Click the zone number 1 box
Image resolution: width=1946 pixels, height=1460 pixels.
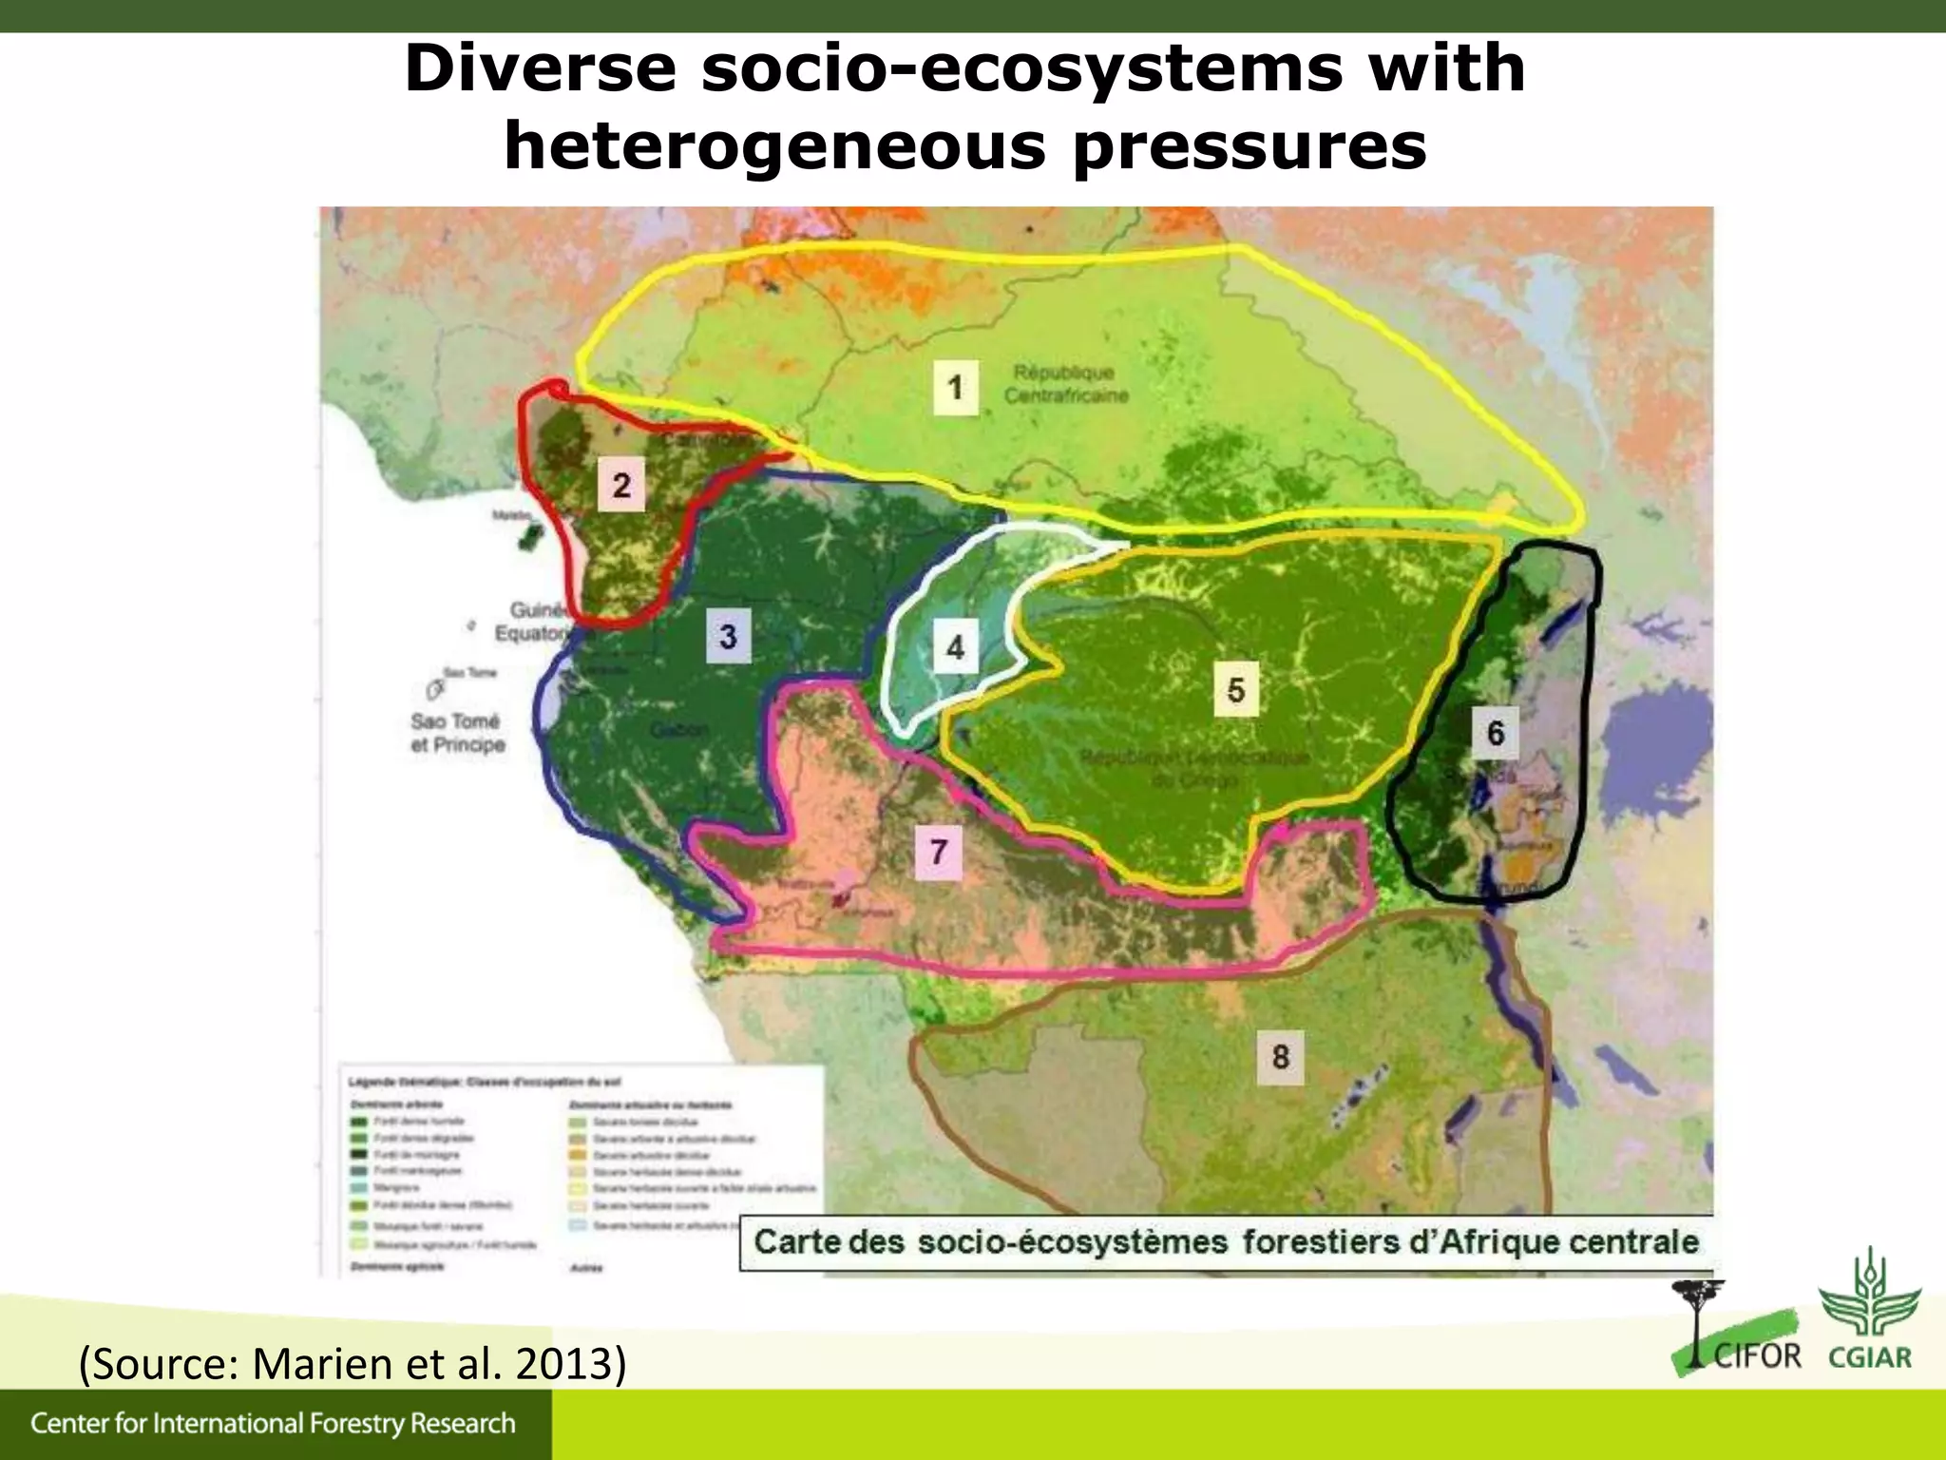tap(955, 387)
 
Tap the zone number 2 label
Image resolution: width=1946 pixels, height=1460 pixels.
tap(621, 485)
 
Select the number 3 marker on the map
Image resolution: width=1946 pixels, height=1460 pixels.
tap(728, 636)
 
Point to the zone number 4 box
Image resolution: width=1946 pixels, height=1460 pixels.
tap(955, 647)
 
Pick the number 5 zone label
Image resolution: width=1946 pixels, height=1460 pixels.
tap(1235, 689)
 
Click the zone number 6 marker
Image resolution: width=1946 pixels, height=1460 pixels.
tap(1495, 733)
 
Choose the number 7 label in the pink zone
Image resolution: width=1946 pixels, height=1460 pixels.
tap(938, 851)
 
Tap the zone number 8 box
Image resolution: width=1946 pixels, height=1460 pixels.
tap(1280, 1056)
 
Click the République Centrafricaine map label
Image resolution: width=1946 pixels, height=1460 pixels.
tap(1065, 383)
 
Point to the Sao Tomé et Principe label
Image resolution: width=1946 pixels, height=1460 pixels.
tap(457, 733)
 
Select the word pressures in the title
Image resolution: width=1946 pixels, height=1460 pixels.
tap(1250, 146)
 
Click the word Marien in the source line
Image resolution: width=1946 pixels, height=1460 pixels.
tap(317, 1363)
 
